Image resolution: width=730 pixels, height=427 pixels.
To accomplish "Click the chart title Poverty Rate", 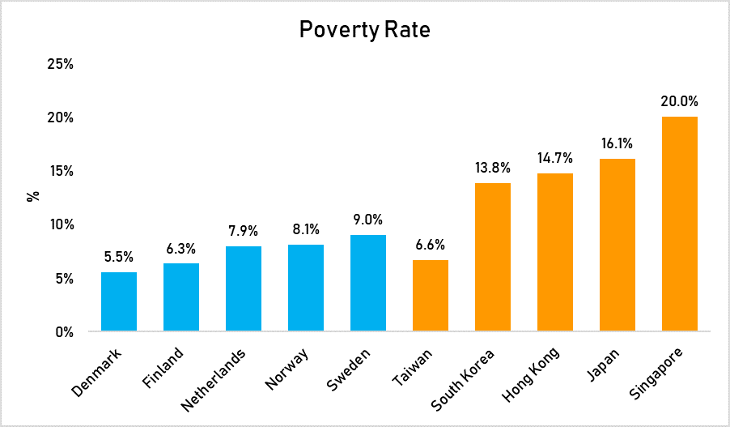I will [x=364, y=30].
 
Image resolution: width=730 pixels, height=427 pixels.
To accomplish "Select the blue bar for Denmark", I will [x=119, y=301].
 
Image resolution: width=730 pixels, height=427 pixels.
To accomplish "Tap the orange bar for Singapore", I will [x=679, y=224].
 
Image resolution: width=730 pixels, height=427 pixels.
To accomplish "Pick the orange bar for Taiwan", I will [x=430, y=296].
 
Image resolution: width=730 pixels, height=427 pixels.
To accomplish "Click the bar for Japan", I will [x=617, y=245].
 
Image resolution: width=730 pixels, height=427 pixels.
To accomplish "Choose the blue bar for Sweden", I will [x=368, y=283].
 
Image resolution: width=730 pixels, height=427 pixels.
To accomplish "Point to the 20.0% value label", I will [x=679, y=102].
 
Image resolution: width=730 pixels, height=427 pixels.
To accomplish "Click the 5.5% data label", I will [x=119, y=257].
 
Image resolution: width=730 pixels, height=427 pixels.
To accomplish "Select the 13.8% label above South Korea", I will [x=492, y=169].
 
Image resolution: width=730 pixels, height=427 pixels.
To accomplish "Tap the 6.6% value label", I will [x=430, y=245].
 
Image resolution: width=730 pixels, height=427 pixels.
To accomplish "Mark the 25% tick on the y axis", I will [x=60, y=63].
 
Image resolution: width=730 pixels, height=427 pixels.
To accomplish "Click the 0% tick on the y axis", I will [x=65, y=331].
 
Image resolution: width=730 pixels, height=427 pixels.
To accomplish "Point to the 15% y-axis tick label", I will [x=60, y=171].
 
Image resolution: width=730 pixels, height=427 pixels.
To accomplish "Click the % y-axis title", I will [x=33, y=197].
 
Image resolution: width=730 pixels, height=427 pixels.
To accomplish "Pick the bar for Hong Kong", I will [x=554, y=252].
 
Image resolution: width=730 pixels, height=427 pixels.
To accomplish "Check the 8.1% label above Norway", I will [x=306, y=229].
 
